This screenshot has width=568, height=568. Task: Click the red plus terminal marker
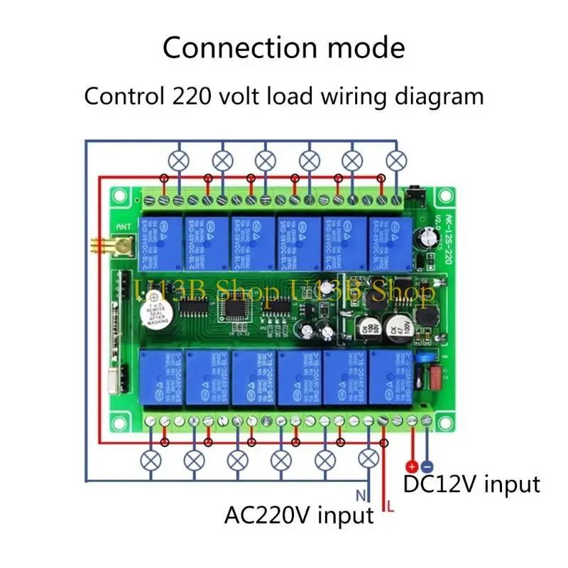click(410, 466)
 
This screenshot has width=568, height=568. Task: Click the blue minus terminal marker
click(426, 466)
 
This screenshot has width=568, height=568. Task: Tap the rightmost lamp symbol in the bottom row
click(368, 459)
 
